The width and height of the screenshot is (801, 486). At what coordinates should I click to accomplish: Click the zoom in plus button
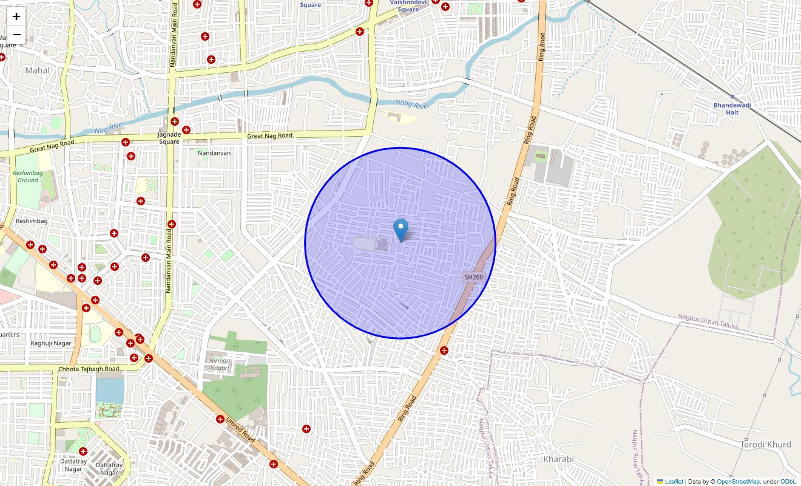coord(16,16)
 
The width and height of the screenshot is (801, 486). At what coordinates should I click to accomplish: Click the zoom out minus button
coord(16,35)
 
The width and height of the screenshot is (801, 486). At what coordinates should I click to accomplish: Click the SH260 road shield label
coord(473,277)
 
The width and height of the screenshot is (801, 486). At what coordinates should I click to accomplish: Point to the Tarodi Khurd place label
coord(765,445)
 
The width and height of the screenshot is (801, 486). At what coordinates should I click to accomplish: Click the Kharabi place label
coord(558,459)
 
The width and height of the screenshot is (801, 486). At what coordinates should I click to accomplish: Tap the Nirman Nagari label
coord(219,364)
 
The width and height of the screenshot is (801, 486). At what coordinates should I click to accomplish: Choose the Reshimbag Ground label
coord(28,176)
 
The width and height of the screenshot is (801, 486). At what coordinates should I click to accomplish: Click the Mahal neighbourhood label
coord(38,70)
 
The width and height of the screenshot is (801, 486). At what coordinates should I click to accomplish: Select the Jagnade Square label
coord(169,138)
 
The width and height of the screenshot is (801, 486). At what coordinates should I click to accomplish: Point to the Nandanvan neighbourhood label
coord(214,153)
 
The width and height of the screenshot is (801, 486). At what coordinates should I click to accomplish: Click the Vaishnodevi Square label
coord(408,5)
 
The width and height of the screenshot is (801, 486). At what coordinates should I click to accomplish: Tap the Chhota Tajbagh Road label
coord(89,369)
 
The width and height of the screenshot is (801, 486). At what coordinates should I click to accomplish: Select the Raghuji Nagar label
coord(51,343)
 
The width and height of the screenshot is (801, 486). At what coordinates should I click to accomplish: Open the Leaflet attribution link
coord(674,482)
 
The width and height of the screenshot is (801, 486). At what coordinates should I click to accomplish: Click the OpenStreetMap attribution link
coord(738,482)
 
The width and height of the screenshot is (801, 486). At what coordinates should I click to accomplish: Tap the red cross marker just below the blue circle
coord(444,351)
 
